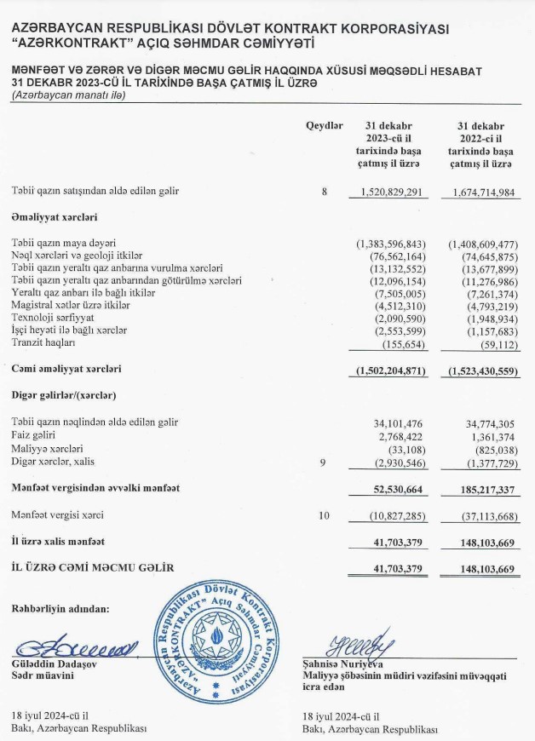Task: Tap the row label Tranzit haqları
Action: coord(43,342)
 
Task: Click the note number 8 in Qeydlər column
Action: coord(324,192)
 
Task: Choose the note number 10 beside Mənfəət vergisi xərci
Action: coord(324,515)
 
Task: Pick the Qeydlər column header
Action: coord(324,126)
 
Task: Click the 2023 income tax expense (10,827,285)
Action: coord(393,515)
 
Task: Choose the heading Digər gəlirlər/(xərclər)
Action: coord(64,396)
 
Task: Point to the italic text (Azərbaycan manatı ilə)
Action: coord(69,95)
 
